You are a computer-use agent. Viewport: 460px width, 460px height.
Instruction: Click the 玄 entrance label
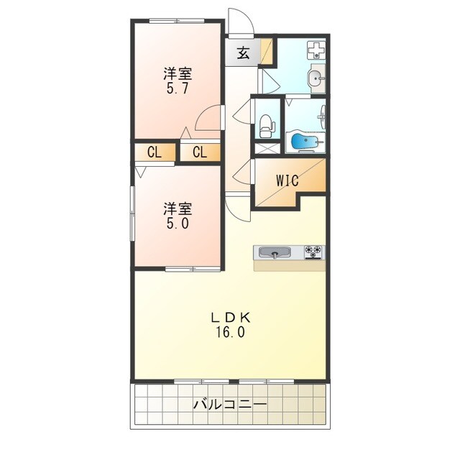243,52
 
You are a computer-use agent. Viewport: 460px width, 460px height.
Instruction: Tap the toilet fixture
267,126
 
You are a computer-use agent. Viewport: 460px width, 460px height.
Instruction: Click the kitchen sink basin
275,252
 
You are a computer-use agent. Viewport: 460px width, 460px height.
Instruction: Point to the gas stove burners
313,252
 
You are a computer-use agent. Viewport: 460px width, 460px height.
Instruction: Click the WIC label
287,180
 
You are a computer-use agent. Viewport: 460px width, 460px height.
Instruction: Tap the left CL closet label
155,152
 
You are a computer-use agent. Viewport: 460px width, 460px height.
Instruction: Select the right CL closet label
200,152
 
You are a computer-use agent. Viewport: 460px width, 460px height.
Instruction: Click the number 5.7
178,88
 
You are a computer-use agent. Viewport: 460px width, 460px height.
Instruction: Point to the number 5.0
178,224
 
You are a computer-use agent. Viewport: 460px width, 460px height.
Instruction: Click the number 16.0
230,332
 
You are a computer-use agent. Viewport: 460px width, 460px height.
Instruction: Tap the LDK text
230,318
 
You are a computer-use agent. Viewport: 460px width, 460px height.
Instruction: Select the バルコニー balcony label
230,405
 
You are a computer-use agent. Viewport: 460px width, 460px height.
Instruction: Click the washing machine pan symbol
316,50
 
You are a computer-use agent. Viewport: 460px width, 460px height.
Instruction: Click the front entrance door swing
241,21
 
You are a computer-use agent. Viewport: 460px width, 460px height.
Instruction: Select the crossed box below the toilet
267,148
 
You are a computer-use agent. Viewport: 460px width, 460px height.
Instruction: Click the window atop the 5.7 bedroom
177,21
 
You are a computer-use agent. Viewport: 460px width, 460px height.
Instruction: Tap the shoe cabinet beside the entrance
267,51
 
